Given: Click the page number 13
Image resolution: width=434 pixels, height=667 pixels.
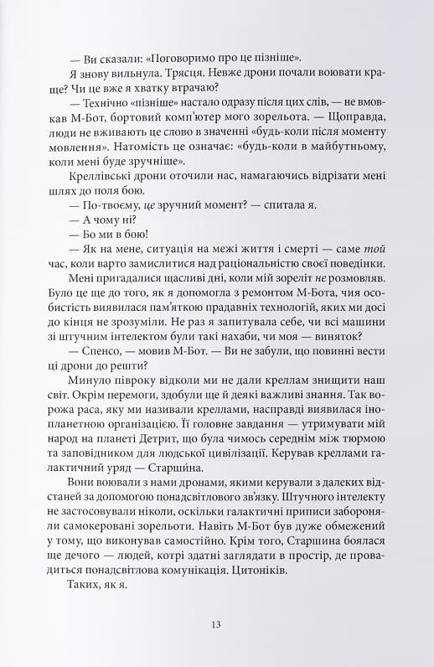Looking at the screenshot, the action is [216, 624].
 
